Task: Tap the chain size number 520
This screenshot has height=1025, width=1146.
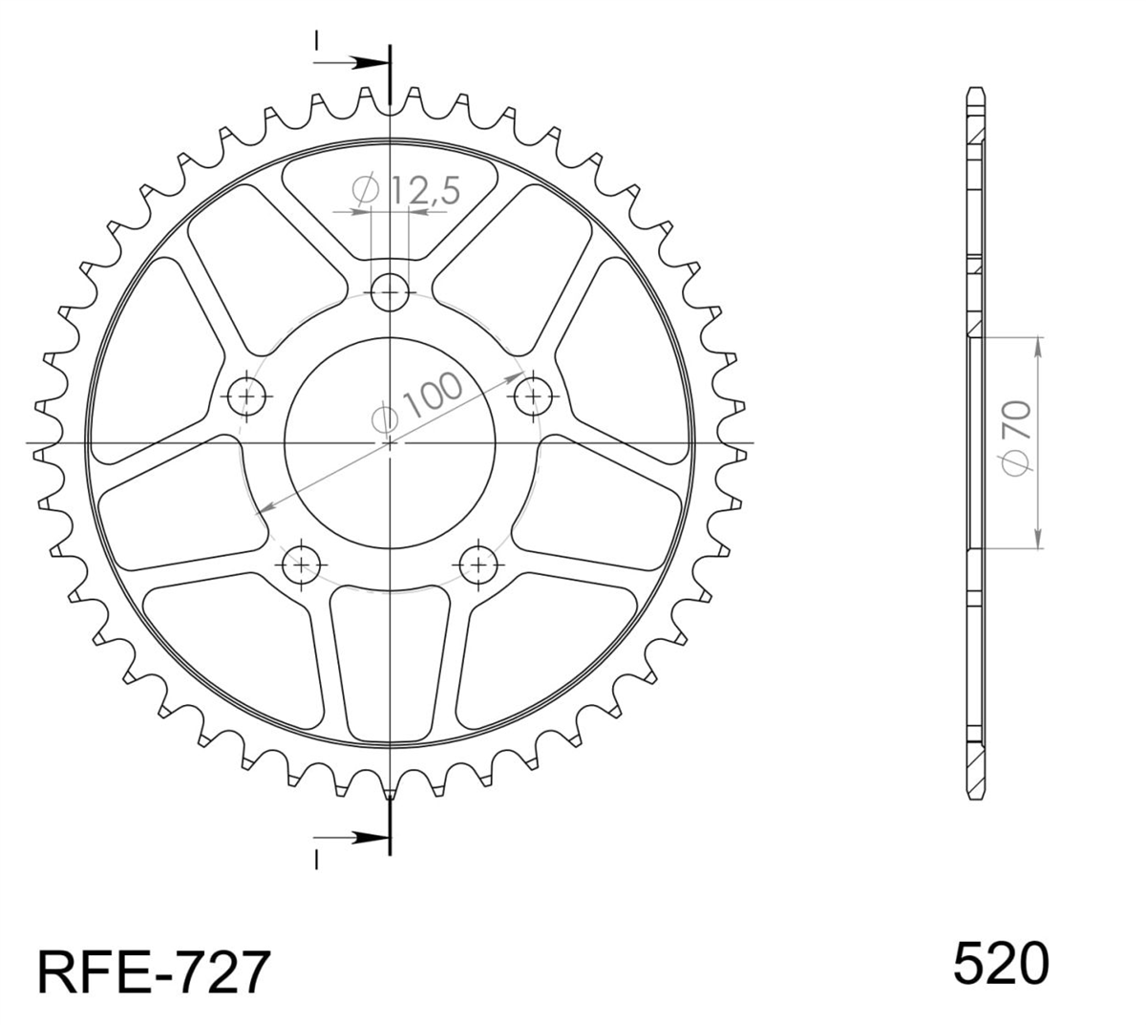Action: click(x=1000, y=963)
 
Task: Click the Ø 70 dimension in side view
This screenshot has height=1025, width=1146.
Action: click(x=1016, y=438)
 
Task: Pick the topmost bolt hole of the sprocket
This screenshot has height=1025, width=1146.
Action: click(x=390, y=292)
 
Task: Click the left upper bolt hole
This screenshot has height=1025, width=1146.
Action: click(x=246, y=395)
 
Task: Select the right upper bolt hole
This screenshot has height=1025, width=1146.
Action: click(x=533, y=395)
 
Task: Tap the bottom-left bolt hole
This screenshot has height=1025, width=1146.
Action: click(x=301, y=565)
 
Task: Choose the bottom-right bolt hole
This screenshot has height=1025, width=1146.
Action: click(x=477, y=565)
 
